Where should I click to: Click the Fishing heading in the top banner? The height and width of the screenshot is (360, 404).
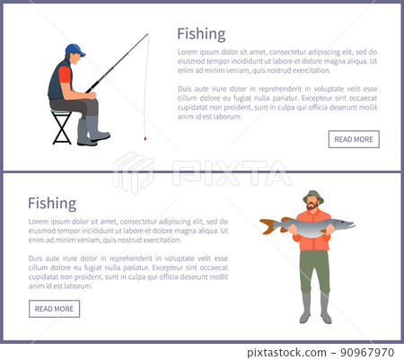coord(201,34)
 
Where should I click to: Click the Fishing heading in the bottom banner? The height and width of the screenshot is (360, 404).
coord(52,203)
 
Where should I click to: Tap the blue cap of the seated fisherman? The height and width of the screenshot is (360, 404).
coord(75,48)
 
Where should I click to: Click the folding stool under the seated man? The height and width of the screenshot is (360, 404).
coord(62,127)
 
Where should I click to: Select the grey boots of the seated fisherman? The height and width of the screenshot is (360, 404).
coord(92,132)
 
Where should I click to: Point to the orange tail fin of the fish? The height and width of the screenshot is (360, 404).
coord(268,226)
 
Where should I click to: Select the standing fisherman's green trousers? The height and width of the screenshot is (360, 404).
coord(313,269)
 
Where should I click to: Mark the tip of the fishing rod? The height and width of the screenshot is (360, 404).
coord(147,35)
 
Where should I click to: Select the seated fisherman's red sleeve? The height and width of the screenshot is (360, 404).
coord(64,75)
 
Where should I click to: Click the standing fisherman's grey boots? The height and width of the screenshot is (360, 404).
coord(315,308)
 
